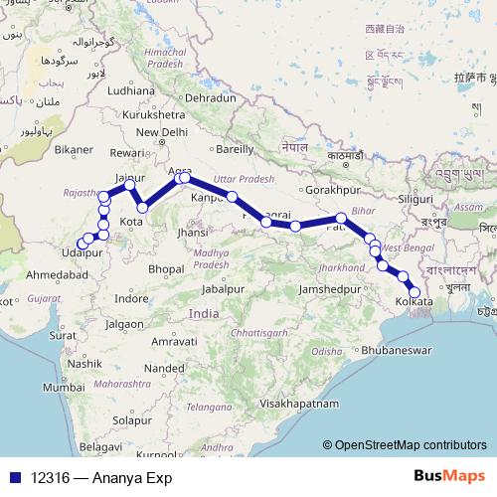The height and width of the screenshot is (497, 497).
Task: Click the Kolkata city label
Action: pos(413,301)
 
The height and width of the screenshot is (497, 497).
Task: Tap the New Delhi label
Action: pos(161,131)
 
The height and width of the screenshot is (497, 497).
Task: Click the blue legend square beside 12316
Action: pos(13,478)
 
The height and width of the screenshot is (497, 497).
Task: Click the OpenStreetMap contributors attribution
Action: pos(410,446)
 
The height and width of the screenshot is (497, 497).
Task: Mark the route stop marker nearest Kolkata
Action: pos(414,292)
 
